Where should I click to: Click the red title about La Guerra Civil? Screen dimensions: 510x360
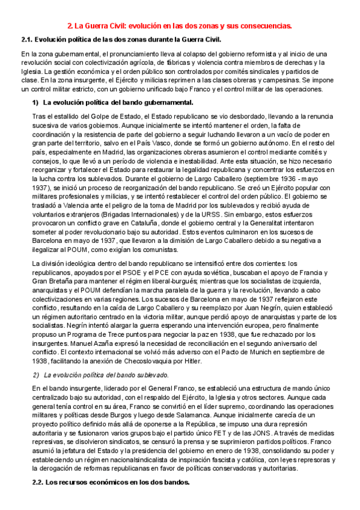point(180,26)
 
